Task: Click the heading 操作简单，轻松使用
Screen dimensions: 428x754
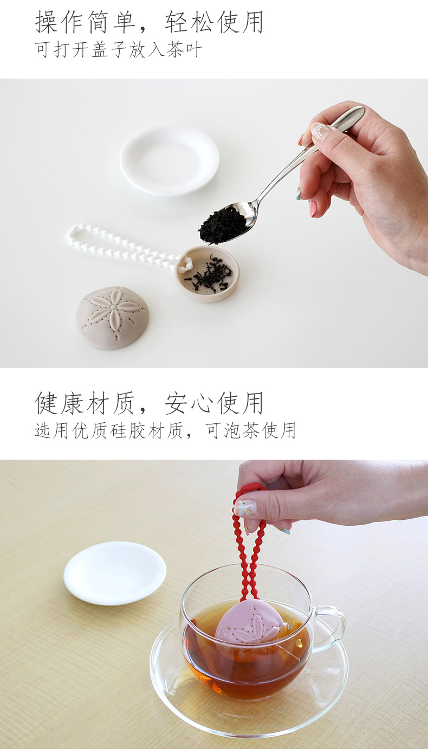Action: coord(149,22)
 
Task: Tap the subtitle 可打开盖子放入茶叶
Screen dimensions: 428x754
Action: coord(119,50)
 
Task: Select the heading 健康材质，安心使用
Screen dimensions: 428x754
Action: coord(149,403)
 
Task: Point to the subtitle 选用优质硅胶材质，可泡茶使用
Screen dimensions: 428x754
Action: coord(165,430)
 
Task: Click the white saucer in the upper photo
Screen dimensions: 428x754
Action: coord(170,159)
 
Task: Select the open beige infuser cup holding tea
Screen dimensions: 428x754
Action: coord(208,273)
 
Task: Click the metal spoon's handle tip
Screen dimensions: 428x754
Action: coord(360,110)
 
